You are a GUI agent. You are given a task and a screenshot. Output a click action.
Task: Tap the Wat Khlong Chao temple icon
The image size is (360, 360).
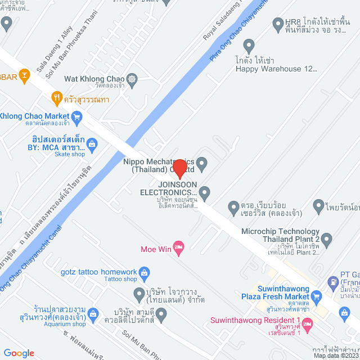(x=132, y=78)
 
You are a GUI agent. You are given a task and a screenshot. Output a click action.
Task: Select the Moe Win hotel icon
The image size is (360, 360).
(x=179, y=247)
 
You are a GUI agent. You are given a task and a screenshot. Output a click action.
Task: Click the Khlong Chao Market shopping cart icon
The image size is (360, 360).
(x=77, y=117)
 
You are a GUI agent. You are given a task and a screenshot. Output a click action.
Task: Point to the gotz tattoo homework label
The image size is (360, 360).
(x=98, y=272)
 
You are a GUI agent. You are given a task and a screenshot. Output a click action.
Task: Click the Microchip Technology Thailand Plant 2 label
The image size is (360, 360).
(x=280, y=235)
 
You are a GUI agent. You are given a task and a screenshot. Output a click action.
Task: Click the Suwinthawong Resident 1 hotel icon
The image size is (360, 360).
(x=307, y=324)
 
